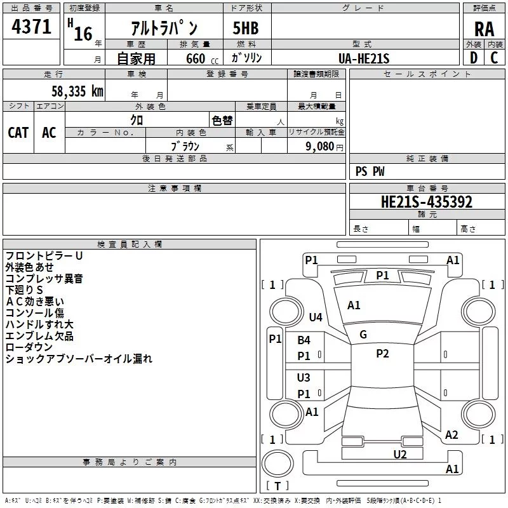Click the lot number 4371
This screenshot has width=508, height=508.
coord(31,27)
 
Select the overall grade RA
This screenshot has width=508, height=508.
coord(484,29)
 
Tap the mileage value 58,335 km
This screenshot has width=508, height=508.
coord(77,91)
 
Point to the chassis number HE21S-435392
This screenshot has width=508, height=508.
coord(427,202)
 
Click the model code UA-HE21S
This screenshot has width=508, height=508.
coord(364,58)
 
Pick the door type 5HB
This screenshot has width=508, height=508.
coord(246,28)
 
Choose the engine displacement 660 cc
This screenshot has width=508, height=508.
coord(202,59)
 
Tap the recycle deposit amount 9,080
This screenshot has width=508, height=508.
coord(319,147)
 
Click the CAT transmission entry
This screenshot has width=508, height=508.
coord(18,133)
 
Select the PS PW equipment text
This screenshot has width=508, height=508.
coord(370,171)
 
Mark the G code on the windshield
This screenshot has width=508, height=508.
coord(363,335)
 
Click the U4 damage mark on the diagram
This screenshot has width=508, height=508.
coord(316,317)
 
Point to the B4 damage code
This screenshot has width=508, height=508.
coord(304,340)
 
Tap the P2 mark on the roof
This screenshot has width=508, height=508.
coord(382,354)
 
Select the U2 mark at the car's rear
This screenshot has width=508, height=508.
coord(400,455)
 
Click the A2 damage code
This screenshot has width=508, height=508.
coord(451,435)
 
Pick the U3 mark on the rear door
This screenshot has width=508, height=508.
coord(304,377)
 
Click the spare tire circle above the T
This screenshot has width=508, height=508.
coord(277,464)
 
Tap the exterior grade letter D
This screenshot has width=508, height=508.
coord(474,58)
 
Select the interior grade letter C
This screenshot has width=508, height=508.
coord(494,58)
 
